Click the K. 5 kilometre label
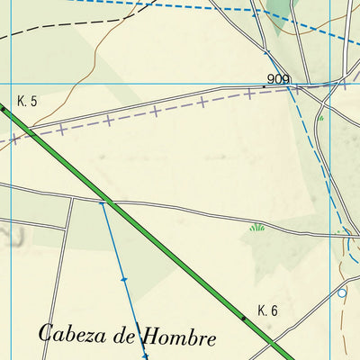tap(27, 101)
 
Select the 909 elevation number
tap(279, 80)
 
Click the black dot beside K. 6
tap(242, 318)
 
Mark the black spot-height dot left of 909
tap(265, 86)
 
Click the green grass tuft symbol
tap(257, 228)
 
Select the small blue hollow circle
tap(342, 292)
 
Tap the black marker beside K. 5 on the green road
tap(3, 108)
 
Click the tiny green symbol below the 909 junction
tap(320, 118)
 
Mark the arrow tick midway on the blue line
tap(123, 280)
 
